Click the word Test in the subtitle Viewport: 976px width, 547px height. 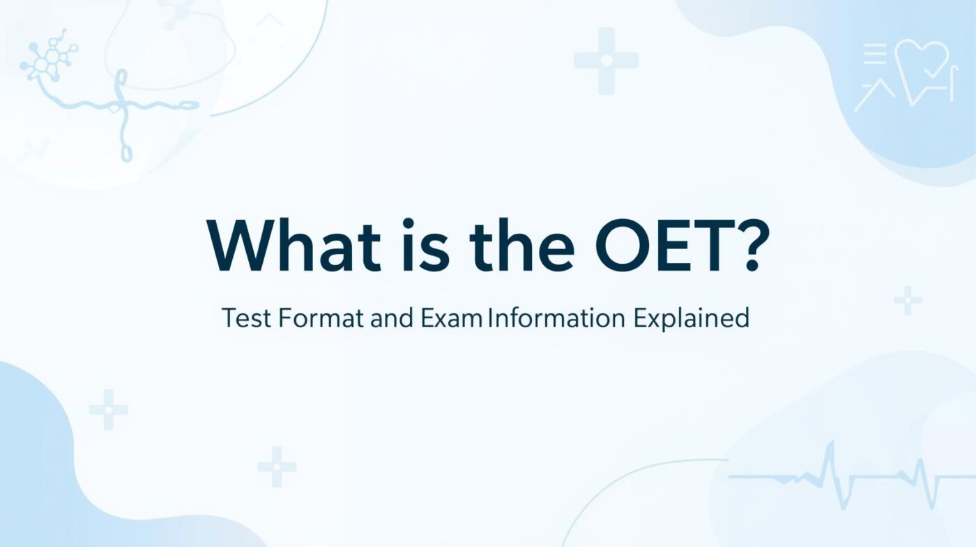click(x=245, y=318)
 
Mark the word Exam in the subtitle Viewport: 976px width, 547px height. click(x=452, y=318)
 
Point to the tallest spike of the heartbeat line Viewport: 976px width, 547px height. click(x=829, y=460)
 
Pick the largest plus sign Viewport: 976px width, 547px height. click(x=606, y=61)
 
